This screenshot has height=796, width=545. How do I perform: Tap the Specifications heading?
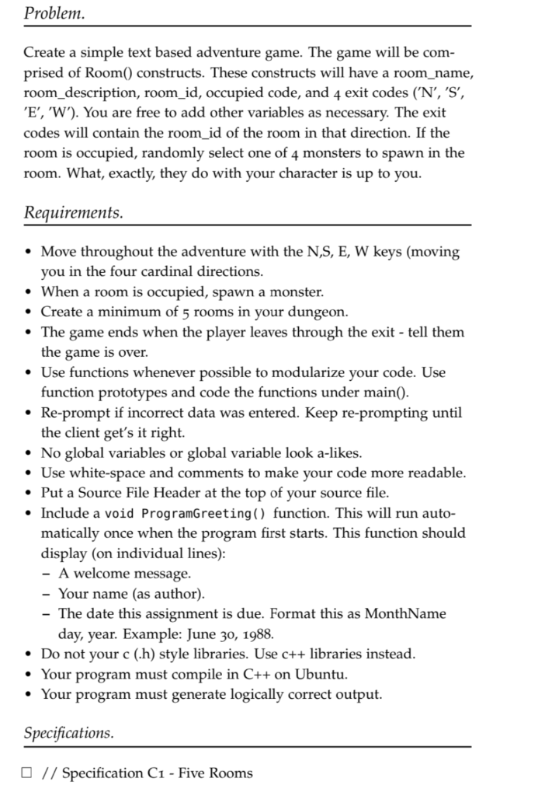coord(68,732)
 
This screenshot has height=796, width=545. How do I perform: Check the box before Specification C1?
coord(29,773)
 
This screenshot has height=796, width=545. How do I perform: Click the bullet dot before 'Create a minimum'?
coord(29,312)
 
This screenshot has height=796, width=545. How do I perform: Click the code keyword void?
coord(119,514)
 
